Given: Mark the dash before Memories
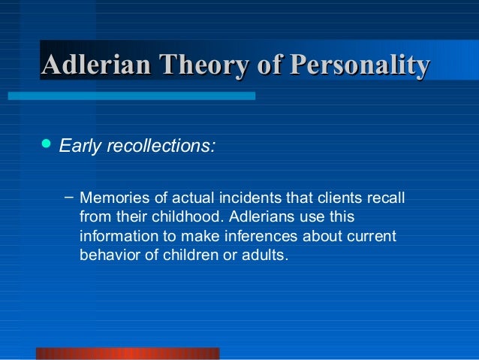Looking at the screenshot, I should point(68,198).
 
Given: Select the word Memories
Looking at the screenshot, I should point(110,199).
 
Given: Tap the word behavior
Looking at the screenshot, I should point(108,255).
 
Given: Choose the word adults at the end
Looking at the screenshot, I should point(264,255).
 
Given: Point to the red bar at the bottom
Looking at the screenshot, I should point(128,353).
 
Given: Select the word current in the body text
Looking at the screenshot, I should point(369,236).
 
